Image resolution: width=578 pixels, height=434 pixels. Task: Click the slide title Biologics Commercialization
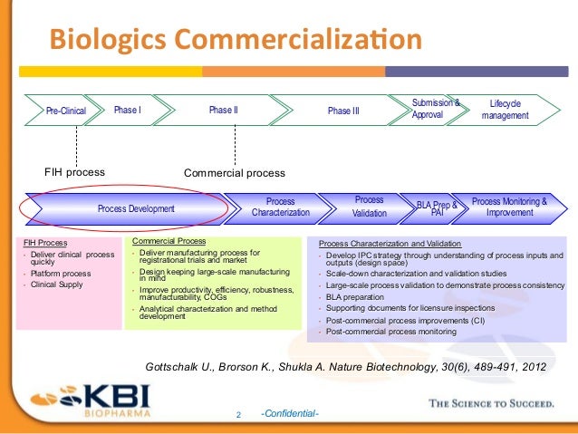235,40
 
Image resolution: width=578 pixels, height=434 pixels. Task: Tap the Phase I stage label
127,111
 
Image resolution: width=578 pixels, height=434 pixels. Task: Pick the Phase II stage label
223,111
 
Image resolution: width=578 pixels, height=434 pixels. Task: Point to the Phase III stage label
343,111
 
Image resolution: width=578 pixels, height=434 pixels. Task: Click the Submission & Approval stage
435,110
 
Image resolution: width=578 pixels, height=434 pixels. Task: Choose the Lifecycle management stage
506,110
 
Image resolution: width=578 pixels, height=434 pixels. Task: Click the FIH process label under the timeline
75,171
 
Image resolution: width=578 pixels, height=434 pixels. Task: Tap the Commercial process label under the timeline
234,172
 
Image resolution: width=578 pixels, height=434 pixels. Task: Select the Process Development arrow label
136,208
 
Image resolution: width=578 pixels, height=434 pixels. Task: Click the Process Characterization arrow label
280,207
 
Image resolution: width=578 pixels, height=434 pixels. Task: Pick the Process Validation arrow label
369,207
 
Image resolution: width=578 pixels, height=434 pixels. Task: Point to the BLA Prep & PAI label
437,208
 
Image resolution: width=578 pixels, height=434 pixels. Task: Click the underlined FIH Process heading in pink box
44,243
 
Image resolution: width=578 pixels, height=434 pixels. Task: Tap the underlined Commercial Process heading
169,241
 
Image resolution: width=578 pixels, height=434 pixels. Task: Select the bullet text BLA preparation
358,295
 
